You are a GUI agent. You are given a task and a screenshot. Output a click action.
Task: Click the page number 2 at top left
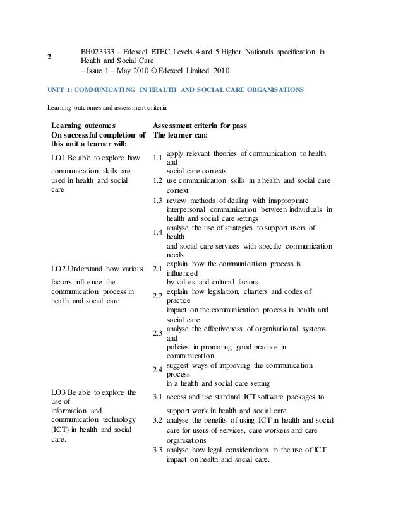point(49,56)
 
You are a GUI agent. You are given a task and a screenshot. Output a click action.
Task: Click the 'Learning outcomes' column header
point(83,126)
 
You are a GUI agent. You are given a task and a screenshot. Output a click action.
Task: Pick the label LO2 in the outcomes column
point(59,270)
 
